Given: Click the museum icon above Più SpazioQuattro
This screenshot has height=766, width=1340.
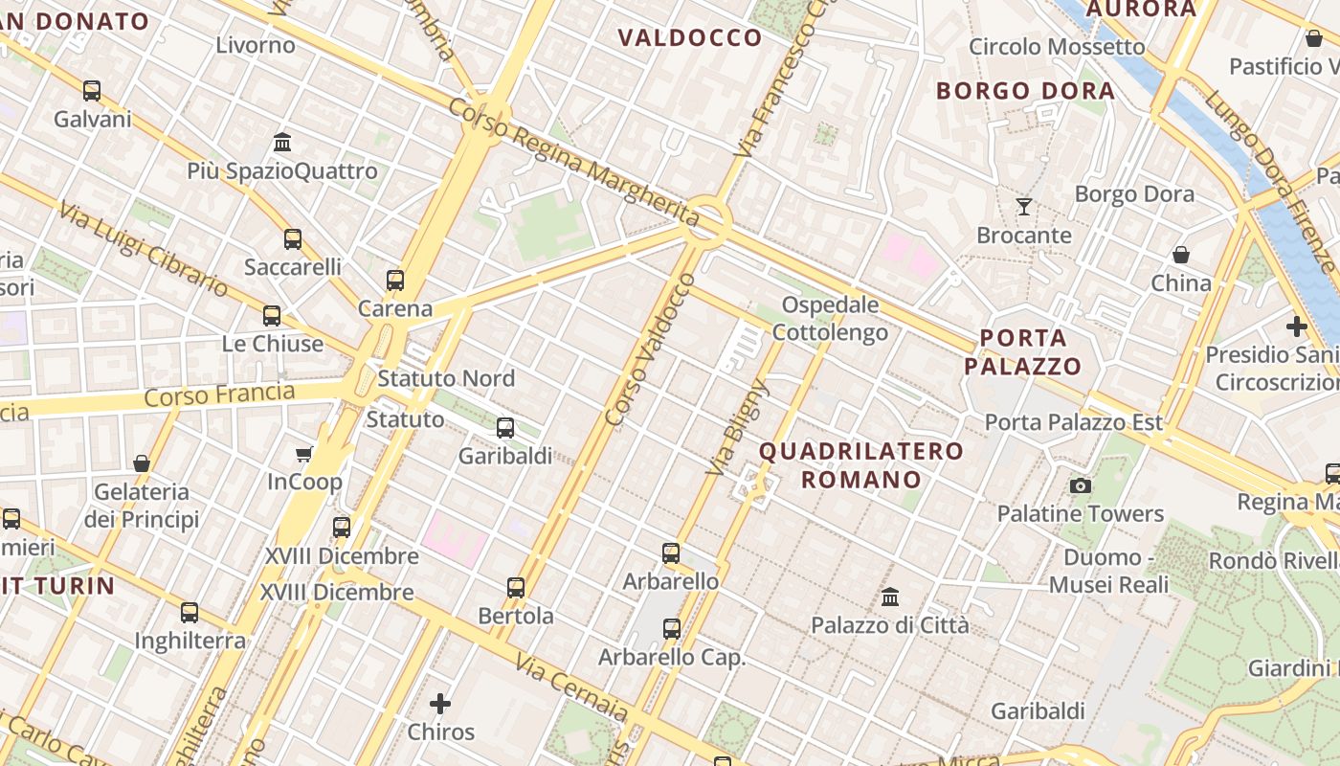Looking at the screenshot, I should point(282,143).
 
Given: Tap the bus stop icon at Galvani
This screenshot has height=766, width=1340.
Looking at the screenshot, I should point(92,91).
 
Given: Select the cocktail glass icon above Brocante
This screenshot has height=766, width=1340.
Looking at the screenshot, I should point(1024,206).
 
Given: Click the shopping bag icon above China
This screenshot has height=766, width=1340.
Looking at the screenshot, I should point(1181,255).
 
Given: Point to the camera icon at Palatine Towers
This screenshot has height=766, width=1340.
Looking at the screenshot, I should point(1081,485).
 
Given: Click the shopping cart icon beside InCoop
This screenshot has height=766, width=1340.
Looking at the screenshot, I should point(304,454).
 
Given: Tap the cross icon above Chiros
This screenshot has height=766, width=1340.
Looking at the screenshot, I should point(440,704).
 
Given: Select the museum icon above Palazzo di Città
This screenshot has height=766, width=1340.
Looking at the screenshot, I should point(890,597).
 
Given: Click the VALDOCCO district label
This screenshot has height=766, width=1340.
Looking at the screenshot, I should point(690,38).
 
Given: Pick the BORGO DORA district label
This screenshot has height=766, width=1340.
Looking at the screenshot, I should point(1025,91).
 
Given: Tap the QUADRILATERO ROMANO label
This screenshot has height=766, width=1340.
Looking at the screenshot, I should point(861,464).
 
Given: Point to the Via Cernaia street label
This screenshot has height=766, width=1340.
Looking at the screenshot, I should point(571,687).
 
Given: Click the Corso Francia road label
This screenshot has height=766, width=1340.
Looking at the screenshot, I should point(219,394).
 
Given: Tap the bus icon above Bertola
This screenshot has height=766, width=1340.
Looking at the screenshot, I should point(516,587).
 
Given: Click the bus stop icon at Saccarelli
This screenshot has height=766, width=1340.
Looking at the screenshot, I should point(293,238).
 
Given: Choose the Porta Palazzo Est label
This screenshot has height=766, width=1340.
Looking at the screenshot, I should point(1074,422).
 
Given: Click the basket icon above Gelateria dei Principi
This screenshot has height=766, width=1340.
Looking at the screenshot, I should point(142,463).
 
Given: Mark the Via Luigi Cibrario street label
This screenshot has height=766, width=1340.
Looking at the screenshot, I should point(144,249).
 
